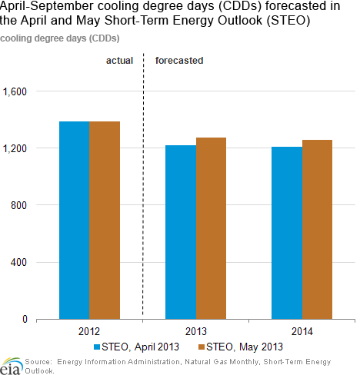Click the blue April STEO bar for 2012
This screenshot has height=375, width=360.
[75, 221]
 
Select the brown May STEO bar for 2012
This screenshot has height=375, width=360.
[105, 221]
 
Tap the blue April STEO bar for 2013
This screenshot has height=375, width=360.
[181, 232]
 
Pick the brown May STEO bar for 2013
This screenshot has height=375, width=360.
[211, 228]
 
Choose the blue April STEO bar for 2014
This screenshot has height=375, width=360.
[287, 233]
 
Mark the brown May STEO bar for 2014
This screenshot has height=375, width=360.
[317, 230]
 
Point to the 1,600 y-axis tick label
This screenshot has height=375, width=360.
[15, 91]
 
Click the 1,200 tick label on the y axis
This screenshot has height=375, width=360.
[15, 148]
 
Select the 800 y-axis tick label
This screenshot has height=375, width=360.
[18, 205]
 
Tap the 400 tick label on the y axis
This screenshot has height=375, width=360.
[18, 262]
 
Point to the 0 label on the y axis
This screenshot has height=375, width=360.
[25, 319]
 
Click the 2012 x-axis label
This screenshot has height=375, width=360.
[89, 331]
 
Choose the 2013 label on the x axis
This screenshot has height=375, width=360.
[196, 331]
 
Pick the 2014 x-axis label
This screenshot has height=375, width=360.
[302, 331]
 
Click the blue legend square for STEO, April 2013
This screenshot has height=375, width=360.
[97, 347]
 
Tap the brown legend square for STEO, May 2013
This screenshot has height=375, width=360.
[202, 347]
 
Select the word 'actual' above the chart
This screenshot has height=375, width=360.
[119, 61]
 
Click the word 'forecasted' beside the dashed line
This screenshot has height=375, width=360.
[179, 61]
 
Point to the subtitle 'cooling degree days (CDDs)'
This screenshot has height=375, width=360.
[60, 38]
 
